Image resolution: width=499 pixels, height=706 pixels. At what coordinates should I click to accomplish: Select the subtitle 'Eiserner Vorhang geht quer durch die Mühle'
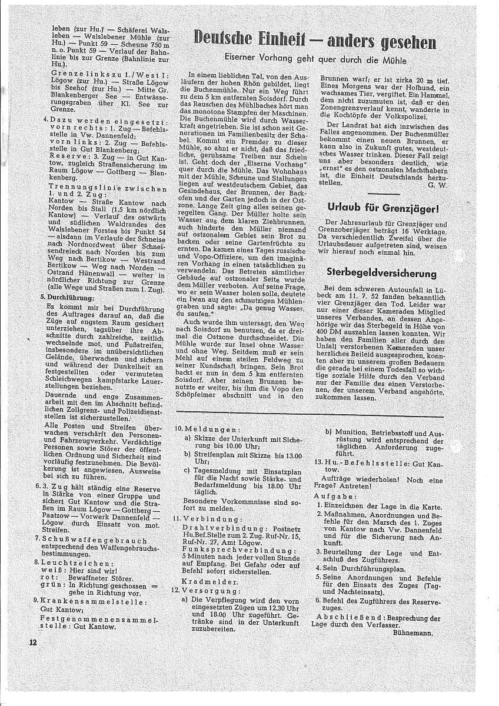click(315, 59)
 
